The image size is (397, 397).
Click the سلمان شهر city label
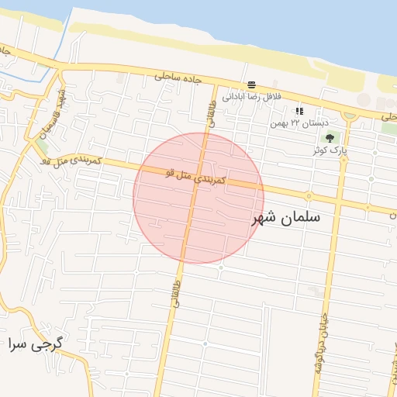(286, 219)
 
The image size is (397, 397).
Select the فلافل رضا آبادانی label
(250, 97)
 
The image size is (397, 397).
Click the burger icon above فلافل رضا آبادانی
(251, 85)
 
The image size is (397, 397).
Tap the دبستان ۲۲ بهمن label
(299, 123)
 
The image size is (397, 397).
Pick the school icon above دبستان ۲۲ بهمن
(299, 112)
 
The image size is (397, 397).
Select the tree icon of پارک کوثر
(330, 138)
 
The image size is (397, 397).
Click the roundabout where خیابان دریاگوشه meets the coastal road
(348, 115)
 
